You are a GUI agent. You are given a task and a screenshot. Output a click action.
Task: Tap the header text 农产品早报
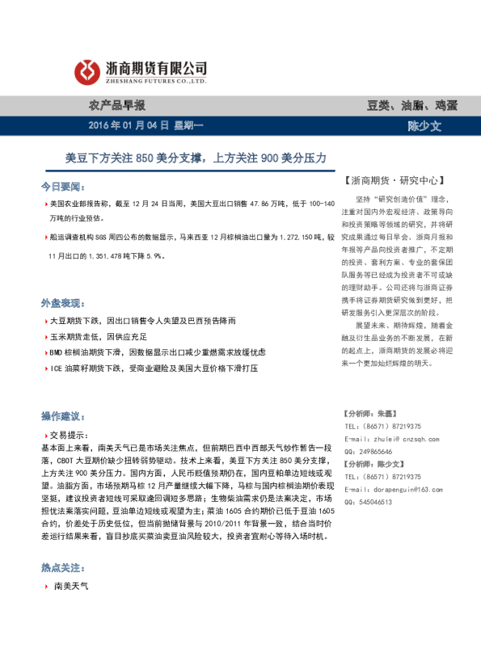pos(116,105)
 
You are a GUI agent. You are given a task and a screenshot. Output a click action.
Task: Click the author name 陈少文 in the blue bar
pos(424,126)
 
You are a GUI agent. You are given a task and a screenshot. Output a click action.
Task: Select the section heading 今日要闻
pos(61,186)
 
